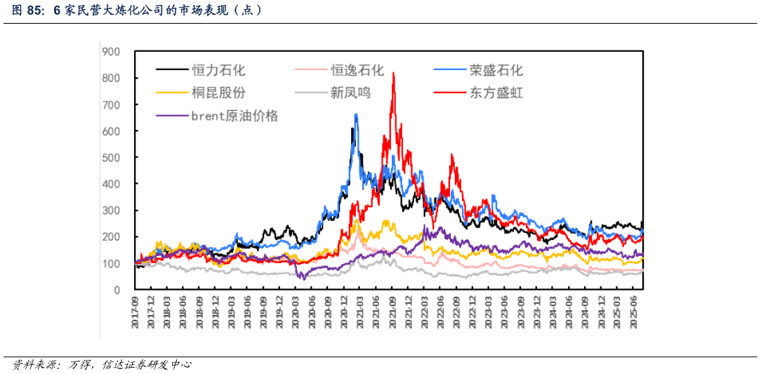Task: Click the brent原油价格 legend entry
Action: click(x=234, y=116)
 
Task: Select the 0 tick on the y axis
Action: click(x=117, y=290)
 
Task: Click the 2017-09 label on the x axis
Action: click(x=135, y=309)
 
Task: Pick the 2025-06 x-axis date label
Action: click(x=633, y=309)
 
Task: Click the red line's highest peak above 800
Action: click(x=393, y=73)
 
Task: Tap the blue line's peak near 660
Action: click(x=356, y=114)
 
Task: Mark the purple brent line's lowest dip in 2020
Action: click(x=303, y=279)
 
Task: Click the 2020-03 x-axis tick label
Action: click(x=296, y=309)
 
